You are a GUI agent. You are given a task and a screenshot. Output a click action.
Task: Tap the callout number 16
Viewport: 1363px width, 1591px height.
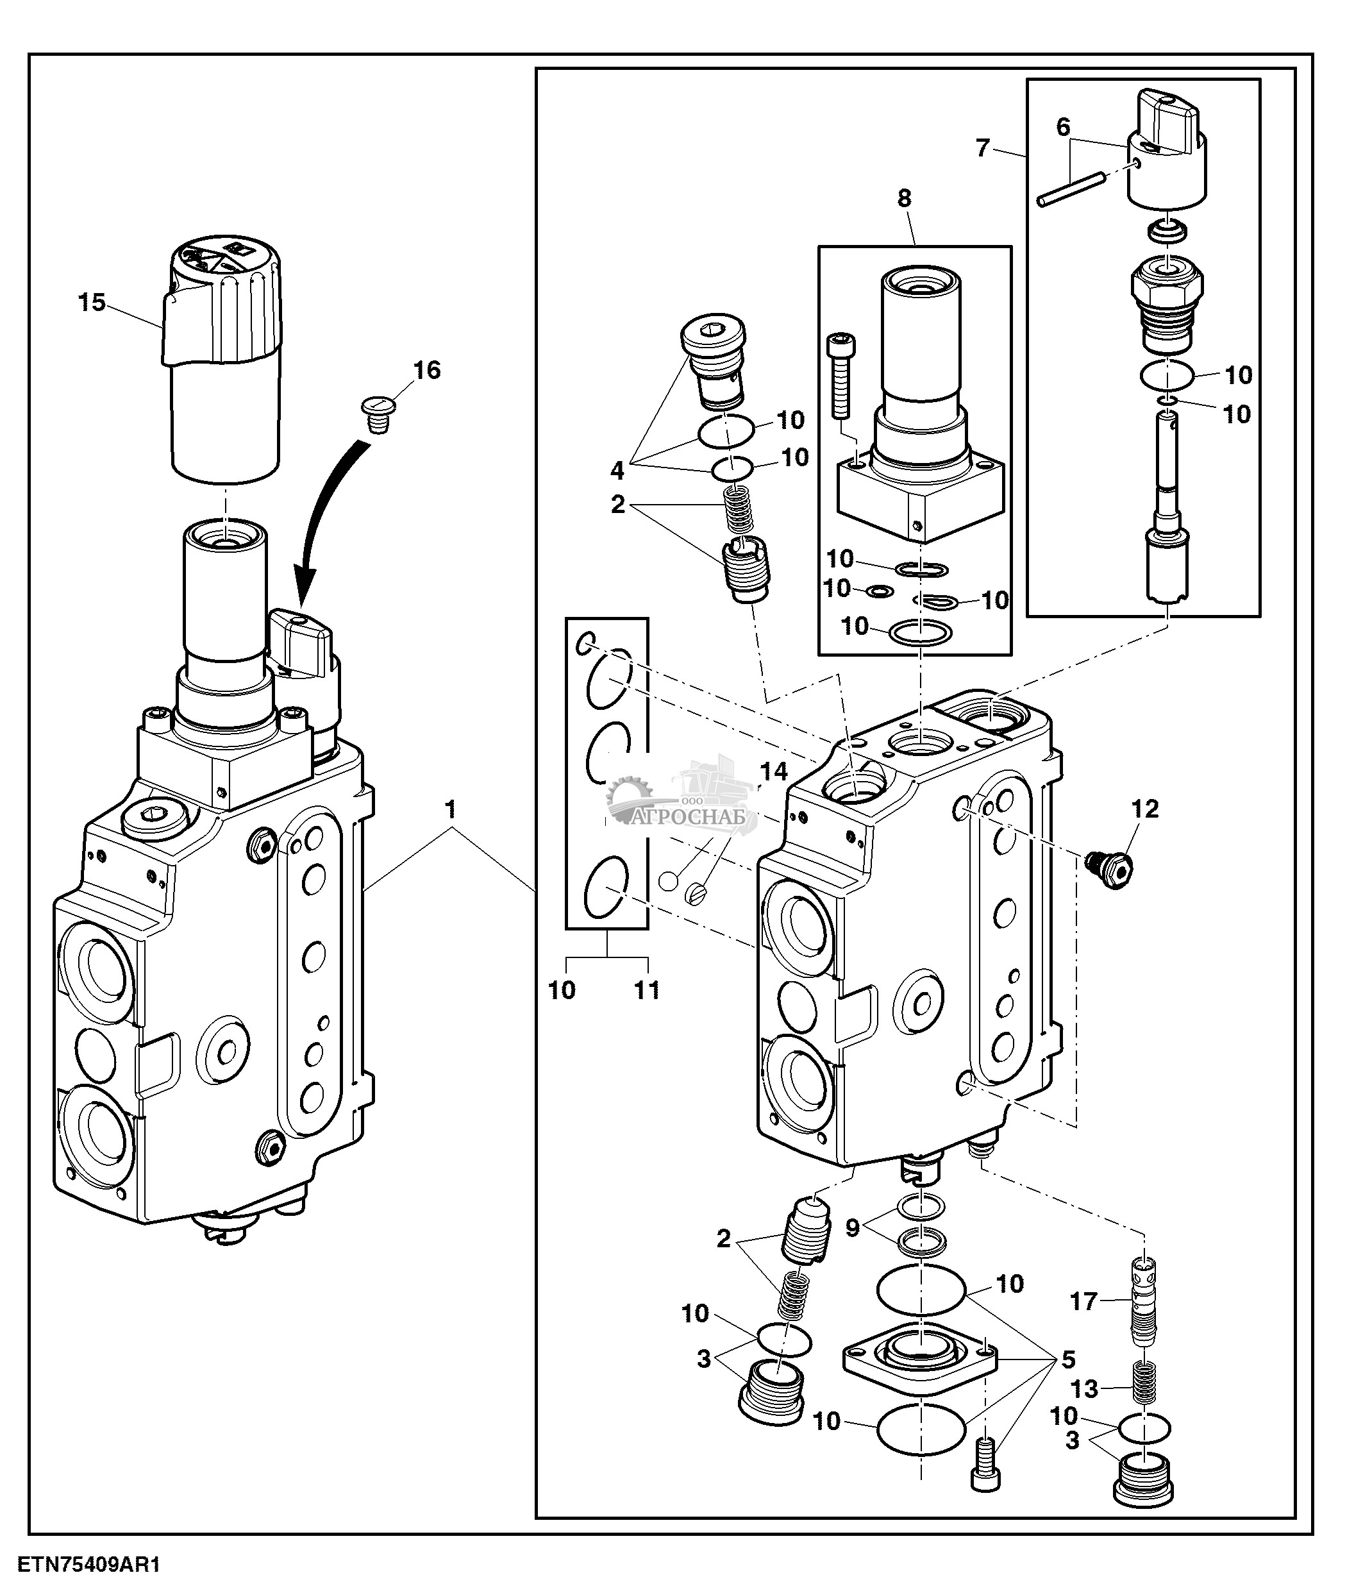pyautogui.click(x=427, y=370)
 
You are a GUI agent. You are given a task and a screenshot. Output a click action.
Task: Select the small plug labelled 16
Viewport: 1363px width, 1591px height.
pyautogui.click(x=377, y=414)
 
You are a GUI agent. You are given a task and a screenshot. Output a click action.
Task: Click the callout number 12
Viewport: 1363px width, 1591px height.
pyautogui.click(x=1145, y=809)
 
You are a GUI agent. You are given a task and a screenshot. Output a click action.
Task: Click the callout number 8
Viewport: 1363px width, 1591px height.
pyautogui.click(x=904, y=198)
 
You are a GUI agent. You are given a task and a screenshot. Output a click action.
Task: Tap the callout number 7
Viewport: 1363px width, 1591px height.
pyautogui.click(x=982, y=147)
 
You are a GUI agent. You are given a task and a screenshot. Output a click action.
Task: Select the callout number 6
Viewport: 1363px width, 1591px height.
pyautogui.click(x=1063, y=127)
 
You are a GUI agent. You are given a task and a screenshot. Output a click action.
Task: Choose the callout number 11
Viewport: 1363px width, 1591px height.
pyautogui.click(x=647, y=991)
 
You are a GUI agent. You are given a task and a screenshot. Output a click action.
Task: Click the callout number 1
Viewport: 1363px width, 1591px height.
pyautogui.click(x=451, y=809)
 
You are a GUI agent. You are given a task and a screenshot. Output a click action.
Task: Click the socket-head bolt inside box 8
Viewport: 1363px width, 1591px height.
pyautogui.click(x=842, y=376)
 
